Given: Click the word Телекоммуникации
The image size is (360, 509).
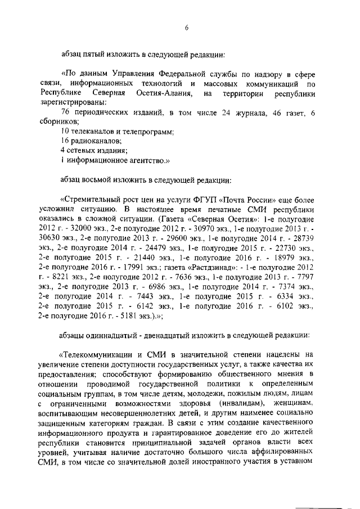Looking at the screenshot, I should coord(97,354).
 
